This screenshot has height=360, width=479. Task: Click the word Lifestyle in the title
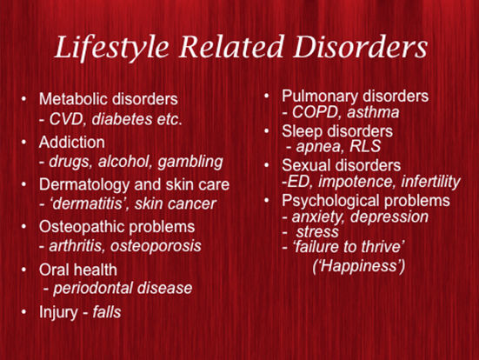pos(112,47)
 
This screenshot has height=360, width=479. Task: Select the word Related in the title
pos(231,46)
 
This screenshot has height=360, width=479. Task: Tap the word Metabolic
pos(73,99)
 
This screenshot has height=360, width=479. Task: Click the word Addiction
pos(72,143)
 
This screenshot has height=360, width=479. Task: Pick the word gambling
pos(190,162)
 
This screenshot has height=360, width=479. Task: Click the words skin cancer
pos(176,203)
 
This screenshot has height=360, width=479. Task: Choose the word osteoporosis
pos(156,246)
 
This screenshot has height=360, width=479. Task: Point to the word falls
pos(107,312)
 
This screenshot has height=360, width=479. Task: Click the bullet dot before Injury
pos(24,311)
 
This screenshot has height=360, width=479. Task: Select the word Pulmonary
pos(316,97)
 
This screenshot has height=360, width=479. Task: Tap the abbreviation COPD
pos(315,112)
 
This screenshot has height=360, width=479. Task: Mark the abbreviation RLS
pos(365,146)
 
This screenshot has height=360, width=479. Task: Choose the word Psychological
pos(330,201)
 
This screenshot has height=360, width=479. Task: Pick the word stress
pos(317,232)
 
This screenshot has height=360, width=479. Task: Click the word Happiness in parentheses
pos(358,266)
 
